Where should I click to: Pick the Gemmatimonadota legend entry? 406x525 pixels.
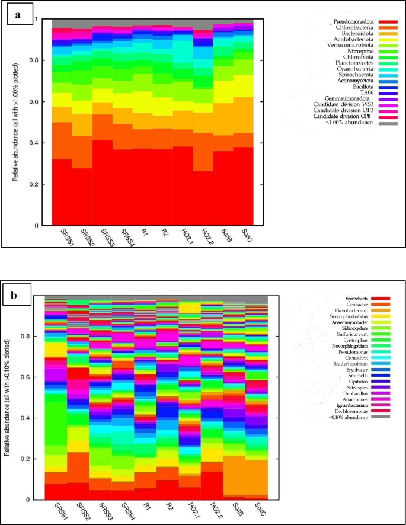pos(348,98)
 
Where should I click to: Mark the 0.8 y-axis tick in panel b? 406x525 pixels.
pos(35,335)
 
